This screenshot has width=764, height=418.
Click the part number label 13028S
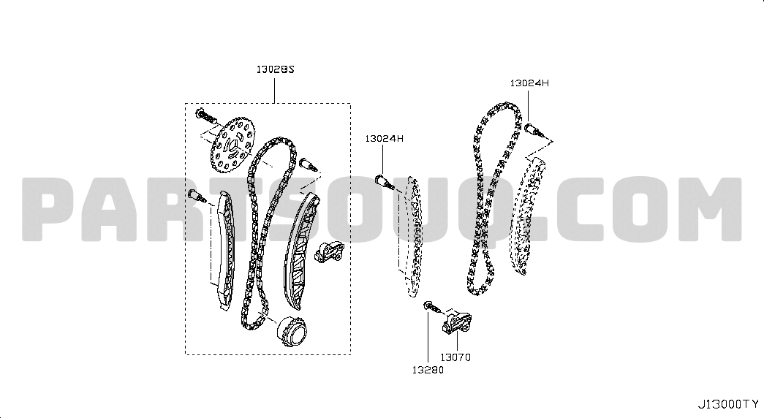(x=276, y=69)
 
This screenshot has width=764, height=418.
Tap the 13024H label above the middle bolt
(x=384, y=139)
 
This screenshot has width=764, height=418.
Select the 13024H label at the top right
(x=529, y=83)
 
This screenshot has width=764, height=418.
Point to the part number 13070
(x=455, y=357)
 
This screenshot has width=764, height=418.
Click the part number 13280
(x=428, y=370)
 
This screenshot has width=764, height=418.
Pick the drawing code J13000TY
(x=728, y=404)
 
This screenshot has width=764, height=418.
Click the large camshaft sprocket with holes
(x=233, y=144)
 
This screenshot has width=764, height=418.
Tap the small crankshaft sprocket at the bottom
(x=292, y=331)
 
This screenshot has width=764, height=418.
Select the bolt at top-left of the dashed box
(x=205, y=116)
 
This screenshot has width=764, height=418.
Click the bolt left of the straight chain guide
(x=197, y=196)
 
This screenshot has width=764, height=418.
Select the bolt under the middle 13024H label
(x=385, y=182)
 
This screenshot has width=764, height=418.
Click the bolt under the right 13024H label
(x=534, y=129)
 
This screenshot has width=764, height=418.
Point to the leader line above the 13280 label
(x=428, y=337)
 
